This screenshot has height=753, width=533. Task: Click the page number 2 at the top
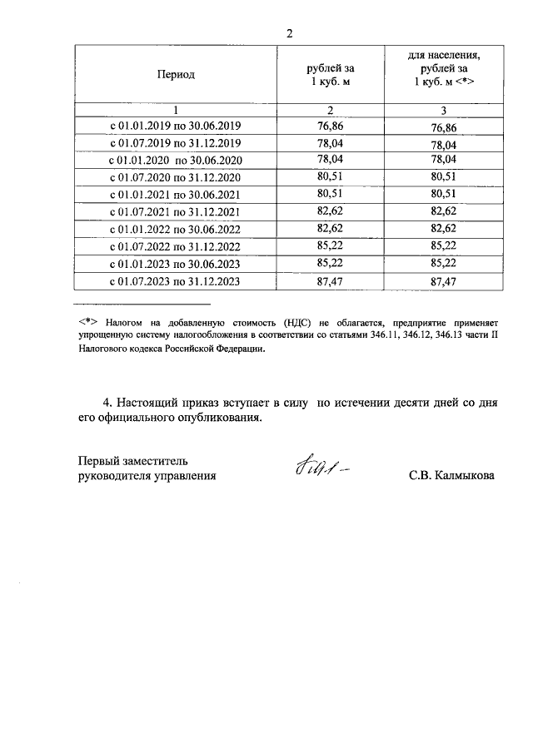pyautogui.click(x=289, y=33)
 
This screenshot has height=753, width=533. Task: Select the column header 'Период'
pyautogui.click(x=176, y=75)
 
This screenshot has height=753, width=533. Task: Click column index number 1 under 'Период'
pyautogui.click(x=176, y=110)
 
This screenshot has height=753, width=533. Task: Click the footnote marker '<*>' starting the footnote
pyautogui.click(x=88, y=320)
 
